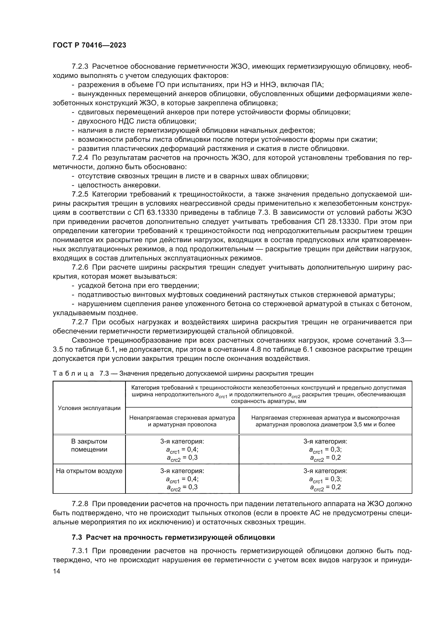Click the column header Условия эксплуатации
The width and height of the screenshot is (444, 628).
pyautogui.click(x=89, y=408)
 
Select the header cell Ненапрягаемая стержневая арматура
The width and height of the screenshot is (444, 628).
pyautogui.click(x=182, y=421)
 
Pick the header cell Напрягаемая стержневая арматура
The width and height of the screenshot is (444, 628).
pyautogui.click(x=325, y=421)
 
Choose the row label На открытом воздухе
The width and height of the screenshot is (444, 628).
pyautogui.click(x=89, y=471)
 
